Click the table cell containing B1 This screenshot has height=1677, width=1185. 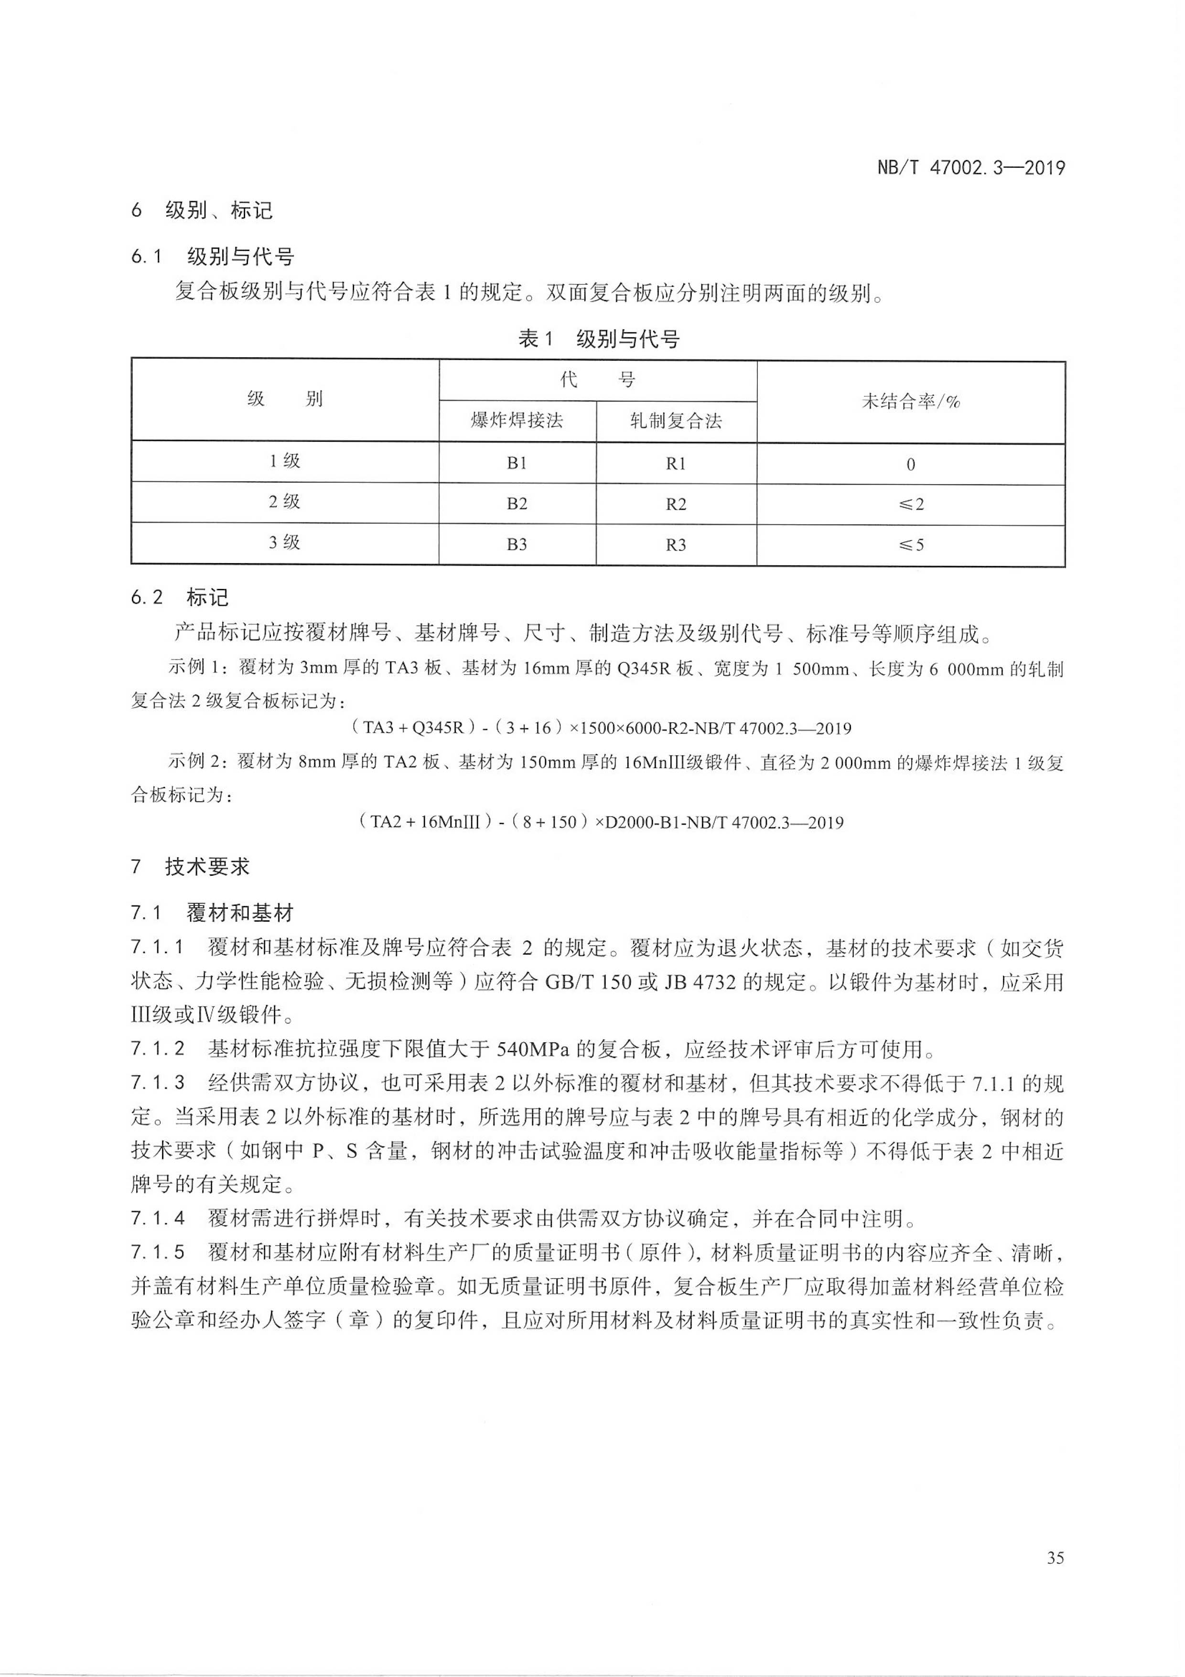click(517, 463)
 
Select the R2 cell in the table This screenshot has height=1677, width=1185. click(676, 504)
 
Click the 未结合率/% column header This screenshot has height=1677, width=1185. click(910, 401)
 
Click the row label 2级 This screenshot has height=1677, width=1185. click(285, 502)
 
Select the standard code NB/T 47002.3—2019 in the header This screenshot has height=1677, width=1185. click(971, 168)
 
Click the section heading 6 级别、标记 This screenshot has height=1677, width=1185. click(202, 211)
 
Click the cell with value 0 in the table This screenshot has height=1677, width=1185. click(910, 465)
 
